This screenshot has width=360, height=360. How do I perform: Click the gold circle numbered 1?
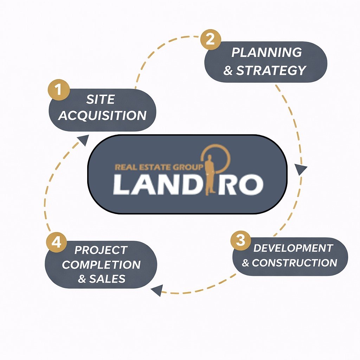tap(58, 90)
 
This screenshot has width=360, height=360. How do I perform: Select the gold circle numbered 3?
tap(240, 241)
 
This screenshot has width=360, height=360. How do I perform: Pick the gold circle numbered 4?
tap(56, 242)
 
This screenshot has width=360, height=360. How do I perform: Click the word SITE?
tap(101, 99)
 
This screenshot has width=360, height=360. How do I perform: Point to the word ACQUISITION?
tap(102, 115)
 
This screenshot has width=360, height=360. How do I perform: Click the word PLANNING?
tap(266, 53)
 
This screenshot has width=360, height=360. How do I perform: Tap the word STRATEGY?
tap(271, 70)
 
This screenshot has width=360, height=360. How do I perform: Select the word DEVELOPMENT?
tap(293, 248)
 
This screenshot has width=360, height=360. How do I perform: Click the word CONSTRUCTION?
tap(294, 263)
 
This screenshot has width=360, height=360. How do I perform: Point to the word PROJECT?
tap(101, 250)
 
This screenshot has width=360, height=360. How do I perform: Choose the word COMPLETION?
tap(101, 265)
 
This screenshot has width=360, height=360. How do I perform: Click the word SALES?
tap(107, 279)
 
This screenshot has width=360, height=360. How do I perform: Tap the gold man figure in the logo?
tap(210, 175)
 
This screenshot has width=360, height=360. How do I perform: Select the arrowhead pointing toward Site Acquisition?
tap(83, 140)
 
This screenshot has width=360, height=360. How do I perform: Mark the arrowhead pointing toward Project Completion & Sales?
tap(156, 290)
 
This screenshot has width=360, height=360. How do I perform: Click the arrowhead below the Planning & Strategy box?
tap(301, 170)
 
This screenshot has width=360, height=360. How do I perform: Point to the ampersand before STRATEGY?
tap(228, 71)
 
